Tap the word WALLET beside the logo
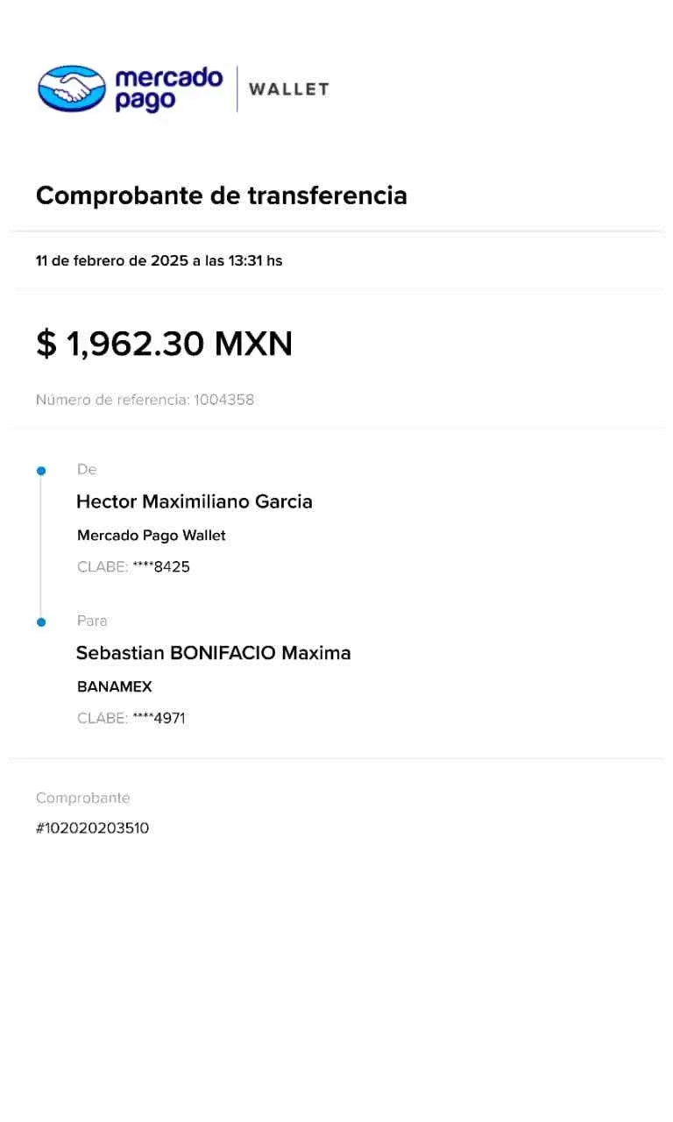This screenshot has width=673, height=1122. (x=288, y=89)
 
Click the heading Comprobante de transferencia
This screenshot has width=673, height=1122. (x=221, y=195)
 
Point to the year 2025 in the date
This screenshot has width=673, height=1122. (x=169, y=260)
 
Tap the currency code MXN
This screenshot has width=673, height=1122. (x=254, y=344)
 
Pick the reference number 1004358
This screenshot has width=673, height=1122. (x=224, y=401)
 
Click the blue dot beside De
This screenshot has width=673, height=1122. (x=40, y=471)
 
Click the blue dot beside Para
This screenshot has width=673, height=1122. (x=40, y=622)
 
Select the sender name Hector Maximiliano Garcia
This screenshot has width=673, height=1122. (x=195, y=501)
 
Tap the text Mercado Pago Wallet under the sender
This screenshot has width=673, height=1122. (x=151, y=536)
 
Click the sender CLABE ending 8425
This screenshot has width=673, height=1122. (x=171, y=567)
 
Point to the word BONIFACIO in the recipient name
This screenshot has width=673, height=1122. (x=221, y=653)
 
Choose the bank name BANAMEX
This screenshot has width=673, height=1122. (x=115, y=687)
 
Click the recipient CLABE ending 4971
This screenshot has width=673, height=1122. (x=169, y=719)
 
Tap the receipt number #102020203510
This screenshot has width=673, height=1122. (x=93, y=828)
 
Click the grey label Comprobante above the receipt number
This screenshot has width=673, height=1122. (x=83, y=799)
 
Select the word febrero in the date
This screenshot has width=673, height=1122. (x=100, y=260)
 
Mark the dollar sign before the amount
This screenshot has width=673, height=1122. (x=46, y=344)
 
